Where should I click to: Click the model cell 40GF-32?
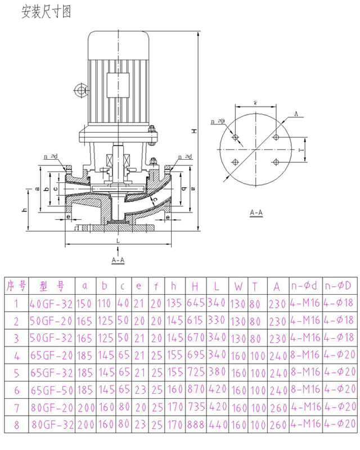[51, 304]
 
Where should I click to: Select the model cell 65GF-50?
[51, 390]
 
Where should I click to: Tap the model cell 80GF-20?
[51, 407]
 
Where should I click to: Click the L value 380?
[217, 373]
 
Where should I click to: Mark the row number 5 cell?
[16, 373]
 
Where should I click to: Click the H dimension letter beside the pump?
[193, 131]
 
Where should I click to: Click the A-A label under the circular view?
[256, 213]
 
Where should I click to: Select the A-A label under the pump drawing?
[119, 260]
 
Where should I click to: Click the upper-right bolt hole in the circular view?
[276, 137]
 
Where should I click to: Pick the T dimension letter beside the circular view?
[301, 150]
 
